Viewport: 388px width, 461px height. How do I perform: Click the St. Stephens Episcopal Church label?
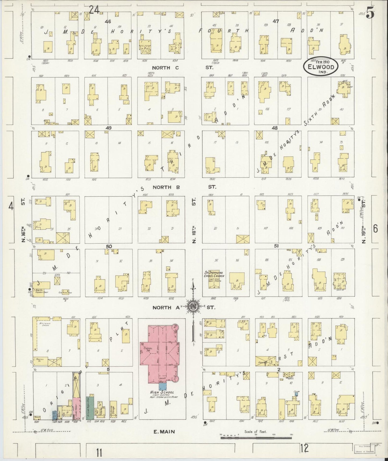coord(214,274)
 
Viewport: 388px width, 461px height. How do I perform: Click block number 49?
coord(108,128)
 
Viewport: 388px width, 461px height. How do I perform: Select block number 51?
coord(276,246)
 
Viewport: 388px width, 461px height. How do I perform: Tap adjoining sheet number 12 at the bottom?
coord(304,448)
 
